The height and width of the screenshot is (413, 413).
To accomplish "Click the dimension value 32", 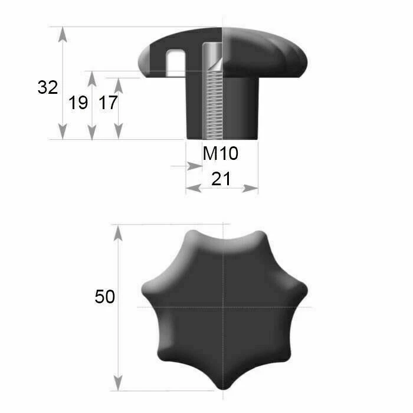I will coord(48,88).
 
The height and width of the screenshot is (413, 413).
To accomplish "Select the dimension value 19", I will coord(78,103).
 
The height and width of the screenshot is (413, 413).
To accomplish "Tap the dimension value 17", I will coord(108,103).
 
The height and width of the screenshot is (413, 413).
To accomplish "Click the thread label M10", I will coord(221,154).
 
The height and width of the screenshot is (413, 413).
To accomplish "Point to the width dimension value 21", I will coord(221,179).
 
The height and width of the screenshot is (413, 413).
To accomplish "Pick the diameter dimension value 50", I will coord(104,297).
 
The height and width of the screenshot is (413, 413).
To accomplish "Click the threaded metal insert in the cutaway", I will coord(211,94).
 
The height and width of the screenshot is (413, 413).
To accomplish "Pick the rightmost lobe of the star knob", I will coord(301,289).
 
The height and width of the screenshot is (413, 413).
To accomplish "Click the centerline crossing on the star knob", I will coord(224,307).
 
